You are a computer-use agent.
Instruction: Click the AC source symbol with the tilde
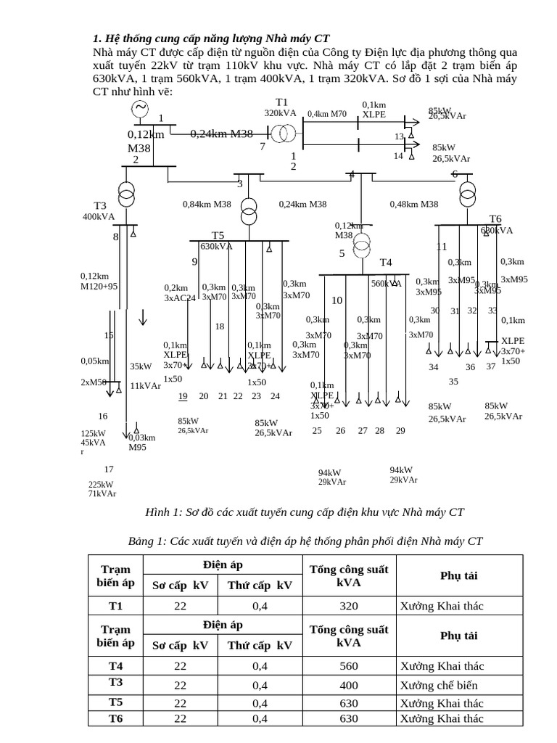(x=139, y=108)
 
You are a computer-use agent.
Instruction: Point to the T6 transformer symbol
(x=466, y=193)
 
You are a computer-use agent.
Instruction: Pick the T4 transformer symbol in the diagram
(x=362, y=246)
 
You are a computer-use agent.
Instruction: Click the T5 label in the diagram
(x=218, y=235)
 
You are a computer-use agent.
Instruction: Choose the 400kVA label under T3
(x=99, y=216)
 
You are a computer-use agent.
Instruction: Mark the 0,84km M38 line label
(x=207, y=204)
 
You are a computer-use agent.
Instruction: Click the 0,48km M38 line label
(x=414, y=204)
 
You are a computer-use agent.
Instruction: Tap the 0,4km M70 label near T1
(x=327, y=114)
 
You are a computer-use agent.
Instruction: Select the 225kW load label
(x=101, y=485)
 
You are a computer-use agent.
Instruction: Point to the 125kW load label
(x=94, y=434)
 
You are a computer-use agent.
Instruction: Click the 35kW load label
(x=141, y=366)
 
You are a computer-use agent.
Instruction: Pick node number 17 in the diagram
(x=109, y=469)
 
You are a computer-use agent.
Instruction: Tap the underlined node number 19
(x=183, y=395)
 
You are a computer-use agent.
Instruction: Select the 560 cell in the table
(x=349, y=666)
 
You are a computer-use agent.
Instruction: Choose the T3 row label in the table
(x=116, y=682)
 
